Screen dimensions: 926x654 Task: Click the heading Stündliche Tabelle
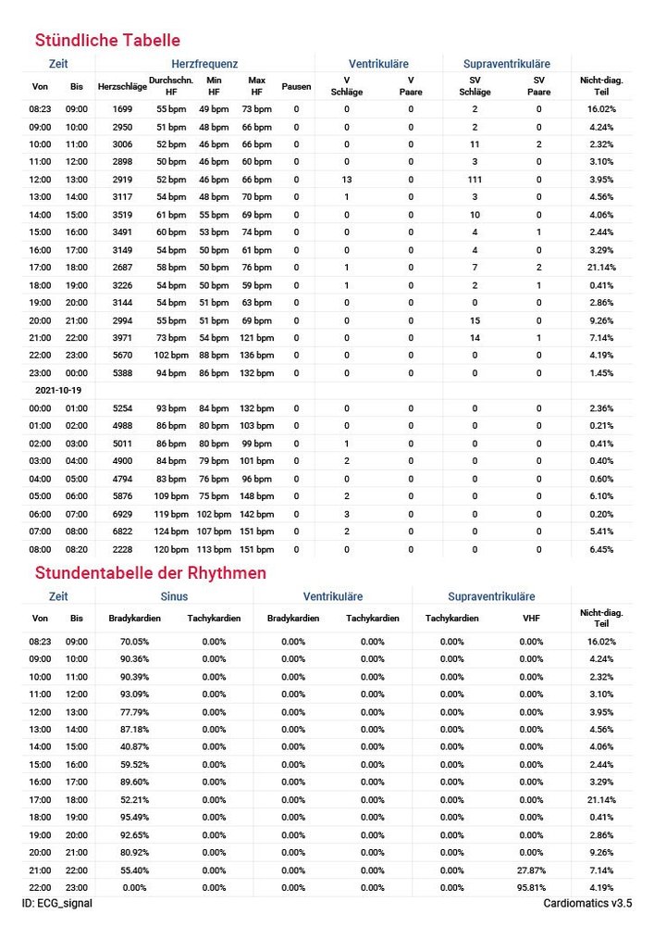pos(107,41)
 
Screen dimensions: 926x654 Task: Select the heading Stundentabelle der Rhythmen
pos(150,573)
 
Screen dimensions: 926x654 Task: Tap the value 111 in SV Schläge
pos(475,180)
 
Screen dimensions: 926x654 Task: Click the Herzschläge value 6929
pos(123,514)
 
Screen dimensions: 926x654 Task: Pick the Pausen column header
pos(296,86)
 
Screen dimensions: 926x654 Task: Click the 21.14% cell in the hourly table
pos(601,268)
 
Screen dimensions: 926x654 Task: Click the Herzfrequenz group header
pos(204,64)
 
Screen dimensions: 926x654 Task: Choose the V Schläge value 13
pos(347,180)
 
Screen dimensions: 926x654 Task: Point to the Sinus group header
pos(174,597)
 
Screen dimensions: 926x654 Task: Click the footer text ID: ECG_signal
pos(57,903)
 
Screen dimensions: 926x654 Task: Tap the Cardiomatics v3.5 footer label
pos(587,903)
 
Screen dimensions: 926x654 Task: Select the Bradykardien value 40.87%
pos(134,746)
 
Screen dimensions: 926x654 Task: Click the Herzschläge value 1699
pos(123,109)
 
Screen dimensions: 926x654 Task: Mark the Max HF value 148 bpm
pos(257,496)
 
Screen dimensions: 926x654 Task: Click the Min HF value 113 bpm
pos(215,549)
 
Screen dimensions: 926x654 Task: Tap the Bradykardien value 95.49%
pos(134,817)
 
